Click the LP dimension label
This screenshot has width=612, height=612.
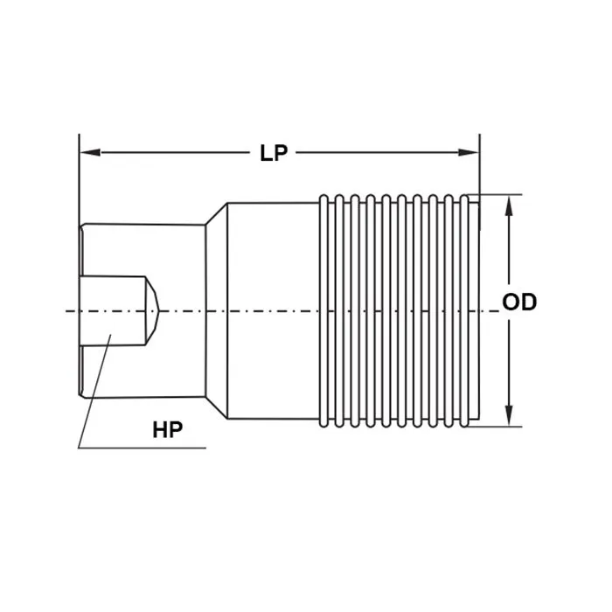pyautogui.click(x=274, y=153)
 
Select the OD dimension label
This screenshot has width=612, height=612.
pyautogui.click(x=519, y=303)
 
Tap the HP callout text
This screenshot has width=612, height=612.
pyautogui.click(x=167, y=430)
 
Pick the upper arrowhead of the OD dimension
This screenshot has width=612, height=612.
pyautogui.click(x=510, y=202)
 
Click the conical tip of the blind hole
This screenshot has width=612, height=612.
pyautogui.click(x=152, y=310)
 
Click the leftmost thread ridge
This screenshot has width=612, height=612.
pyautogui.click(x=326, y=310)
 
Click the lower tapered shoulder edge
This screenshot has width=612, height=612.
pyautogui.click(x=217, y=408)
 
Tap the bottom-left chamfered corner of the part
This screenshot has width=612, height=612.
pyautogui.click(x=81, y=394)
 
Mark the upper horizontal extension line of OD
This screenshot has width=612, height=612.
pyautogui.click(x=498, y=194)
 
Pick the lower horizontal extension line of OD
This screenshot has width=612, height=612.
pyautogui.click(x=498, y=427)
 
